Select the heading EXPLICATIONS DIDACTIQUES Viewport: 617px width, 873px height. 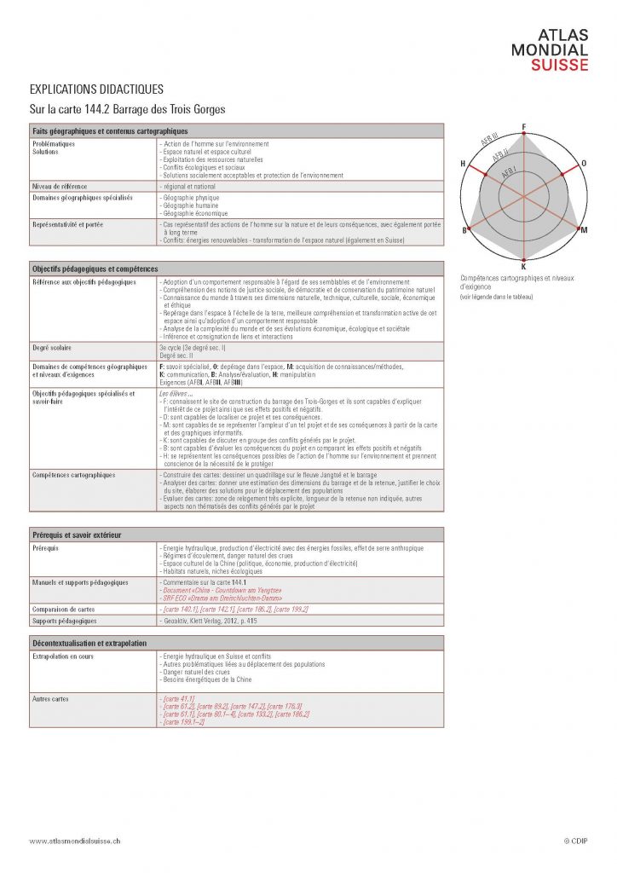tap(96, 90)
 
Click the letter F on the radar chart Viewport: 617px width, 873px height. tap(523, 127)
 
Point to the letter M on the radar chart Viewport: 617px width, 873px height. tap(584, 230)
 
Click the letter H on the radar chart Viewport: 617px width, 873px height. tap(463, 163)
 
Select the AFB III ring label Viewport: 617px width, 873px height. tap(489, 140)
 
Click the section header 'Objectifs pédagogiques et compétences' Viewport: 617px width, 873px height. tap(89, 268)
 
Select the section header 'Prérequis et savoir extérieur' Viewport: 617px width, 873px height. tap(78, 535)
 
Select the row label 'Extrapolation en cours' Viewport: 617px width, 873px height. tap(64, 656)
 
